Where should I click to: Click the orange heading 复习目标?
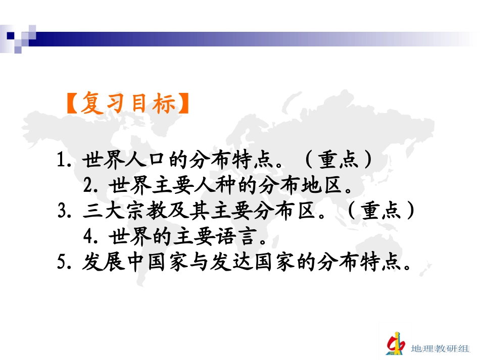coord(127,105)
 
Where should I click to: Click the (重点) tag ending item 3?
coord(381,211)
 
